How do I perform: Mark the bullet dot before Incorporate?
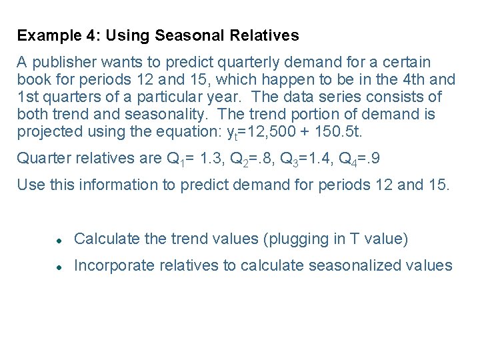(x=59, y=267)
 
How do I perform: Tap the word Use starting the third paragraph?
(x=29, y=185)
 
